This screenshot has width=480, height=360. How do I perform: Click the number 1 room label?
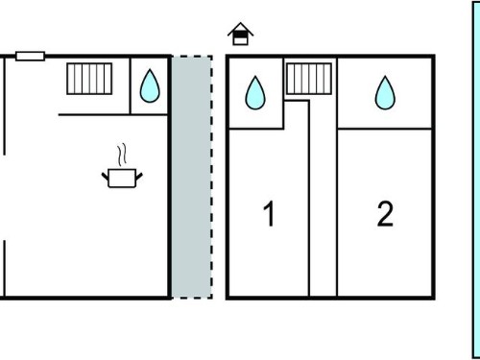[269, 213]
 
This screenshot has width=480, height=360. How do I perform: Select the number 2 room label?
[385, 213]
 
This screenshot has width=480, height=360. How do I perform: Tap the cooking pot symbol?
[122, 179]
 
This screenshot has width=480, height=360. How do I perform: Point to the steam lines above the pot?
[122, 156]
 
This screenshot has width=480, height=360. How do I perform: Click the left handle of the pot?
[105, 177]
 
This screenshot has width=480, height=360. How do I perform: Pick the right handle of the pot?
[139, 177]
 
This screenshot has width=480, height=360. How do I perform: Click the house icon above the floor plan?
[241, 34]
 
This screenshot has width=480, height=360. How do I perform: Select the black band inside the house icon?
[241, 35]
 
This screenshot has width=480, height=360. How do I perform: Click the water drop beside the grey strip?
[150, 86]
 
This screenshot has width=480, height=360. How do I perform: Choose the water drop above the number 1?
[255, 93]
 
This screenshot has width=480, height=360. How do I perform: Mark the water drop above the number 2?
[385, 93]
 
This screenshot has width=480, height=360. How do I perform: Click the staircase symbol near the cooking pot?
[89, 79]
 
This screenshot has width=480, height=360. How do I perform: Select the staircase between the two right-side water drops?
[309, 79]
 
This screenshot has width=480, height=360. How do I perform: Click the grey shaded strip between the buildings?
[192, 178]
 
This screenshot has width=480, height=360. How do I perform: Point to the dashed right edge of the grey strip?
[211, 178]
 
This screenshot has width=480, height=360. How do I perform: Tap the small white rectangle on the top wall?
[30, 56]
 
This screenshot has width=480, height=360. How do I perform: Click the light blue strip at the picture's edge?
[476, 180]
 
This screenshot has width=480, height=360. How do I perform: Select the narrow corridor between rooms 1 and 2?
[324, 199]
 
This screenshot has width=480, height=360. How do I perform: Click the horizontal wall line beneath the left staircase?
[113, 114]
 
